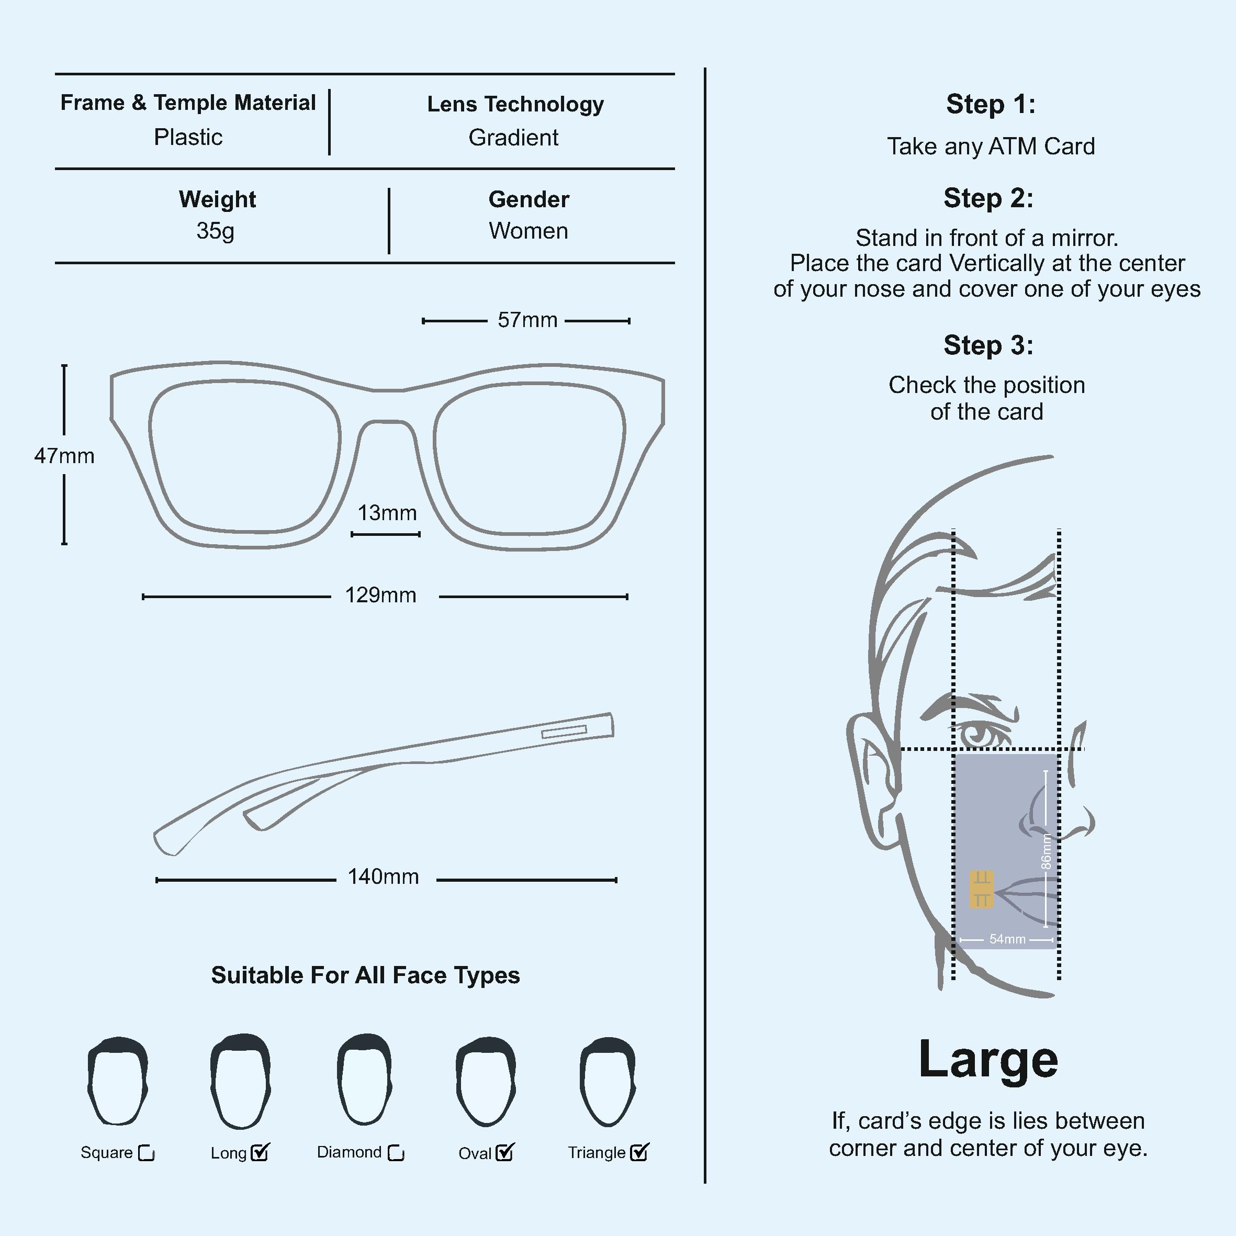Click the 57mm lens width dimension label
pos(527,320)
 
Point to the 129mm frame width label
pos(380,595)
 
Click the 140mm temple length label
pos(383,877)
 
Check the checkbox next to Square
pos(147,1153)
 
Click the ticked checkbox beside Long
pos(260,1153)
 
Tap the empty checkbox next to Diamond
pos(397,1153)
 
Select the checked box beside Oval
pos(505,1153)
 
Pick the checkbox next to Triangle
pos(639,1153)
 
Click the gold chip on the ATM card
pos(981,889)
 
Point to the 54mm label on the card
pos(1007,939)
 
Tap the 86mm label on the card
pos(1046,851)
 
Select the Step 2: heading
pos(988,198)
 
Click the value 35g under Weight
pos(216,231)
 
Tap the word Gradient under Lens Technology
pos(513,138)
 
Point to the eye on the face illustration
pos(980,734)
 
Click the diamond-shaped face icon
pos(364,1081)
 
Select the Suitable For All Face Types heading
pos(365,975)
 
